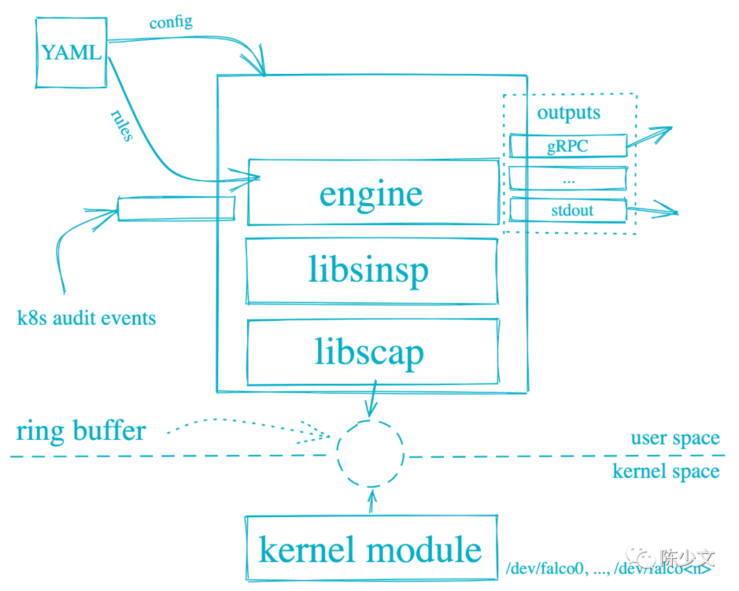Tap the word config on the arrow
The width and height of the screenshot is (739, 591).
coord(171,23)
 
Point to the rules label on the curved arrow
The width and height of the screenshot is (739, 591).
coord(122,124)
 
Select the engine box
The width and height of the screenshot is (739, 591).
coord(372,193)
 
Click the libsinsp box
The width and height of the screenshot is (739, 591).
coord(371,271)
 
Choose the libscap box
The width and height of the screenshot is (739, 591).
coord(371,353)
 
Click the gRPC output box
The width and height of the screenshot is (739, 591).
coord(568,145)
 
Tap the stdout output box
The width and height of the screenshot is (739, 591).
coord(568,210)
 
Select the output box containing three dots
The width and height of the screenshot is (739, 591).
coord(568,179)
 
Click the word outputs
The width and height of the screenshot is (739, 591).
coord(569,114)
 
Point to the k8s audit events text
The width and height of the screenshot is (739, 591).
coord(86,318)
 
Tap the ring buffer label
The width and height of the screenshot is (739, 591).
coord(81,431)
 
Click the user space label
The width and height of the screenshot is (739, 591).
coord(675,438)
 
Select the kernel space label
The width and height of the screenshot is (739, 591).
coord(666,471)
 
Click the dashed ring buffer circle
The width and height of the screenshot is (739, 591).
coord(370,452)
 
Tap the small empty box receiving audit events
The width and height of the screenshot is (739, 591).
coord(177,208)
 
